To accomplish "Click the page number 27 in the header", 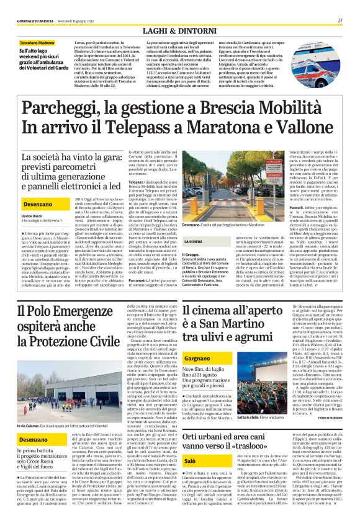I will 340,21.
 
